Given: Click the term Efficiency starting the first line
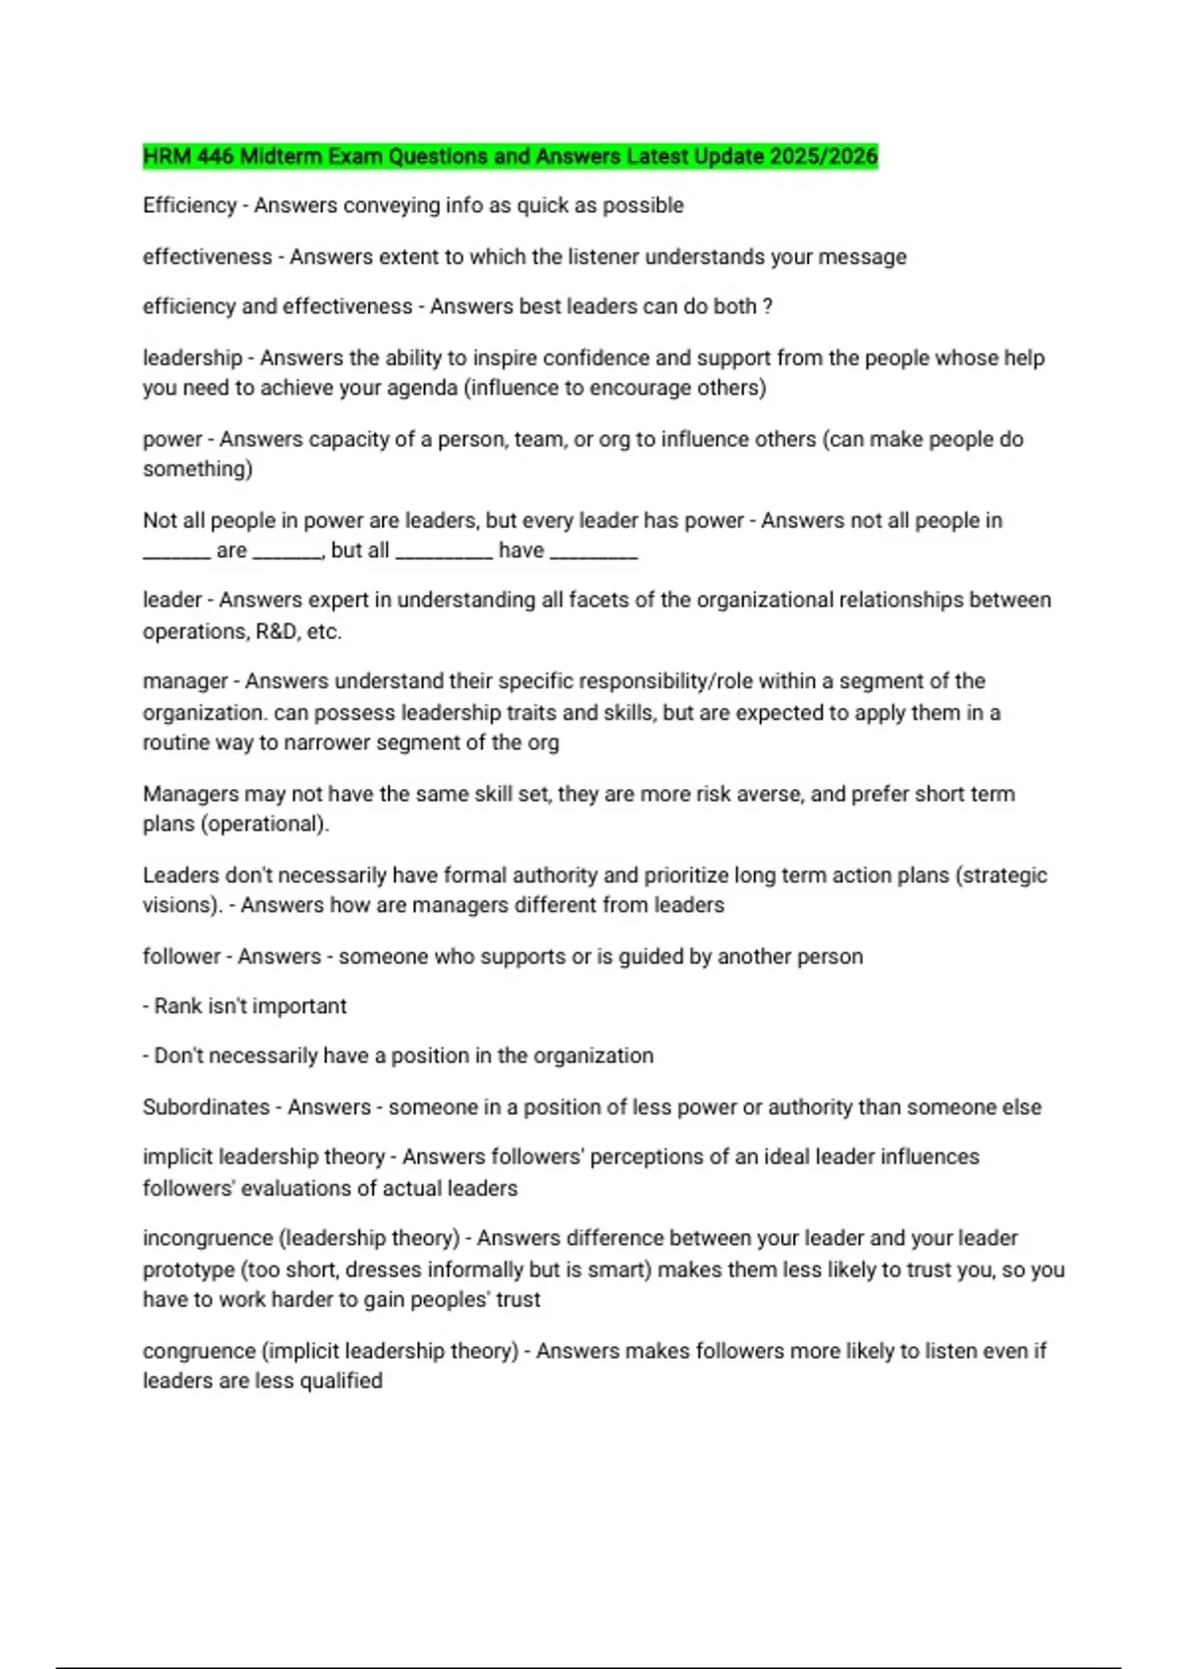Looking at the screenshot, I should (x=189, y=205).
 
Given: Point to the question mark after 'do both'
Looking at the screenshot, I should (x=768, y=306).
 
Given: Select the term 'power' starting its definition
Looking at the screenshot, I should (x=172, y=439).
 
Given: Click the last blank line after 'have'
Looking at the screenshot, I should (x=594, y=552).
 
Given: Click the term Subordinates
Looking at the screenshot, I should (x=206, y=1107).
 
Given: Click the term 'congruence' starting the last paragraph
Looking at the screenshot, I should (x=198, y=1351).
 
